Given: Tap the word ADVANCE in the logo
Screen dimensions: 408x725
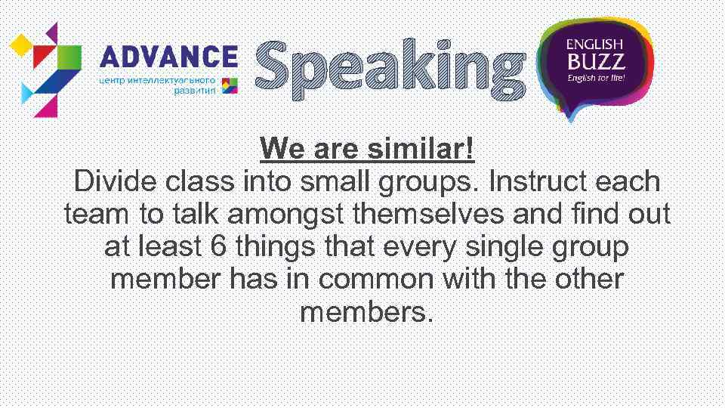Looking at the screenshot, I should click(x=168, y=56).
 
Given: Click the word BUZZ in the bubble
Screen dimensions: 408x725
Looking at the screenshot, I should click(x=594, y=61).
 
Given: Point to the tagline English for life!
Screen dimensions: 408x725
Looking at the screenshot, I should click(x=596, y=78).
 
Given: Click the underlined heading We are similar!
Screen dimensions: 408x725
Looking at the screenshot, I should click(x=367, y=149).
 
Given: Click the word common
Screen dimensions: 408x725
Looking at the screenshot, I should click(x=376, y=280).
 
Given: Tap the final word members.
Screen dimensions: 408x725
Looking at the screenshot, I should click(x=367, y=311).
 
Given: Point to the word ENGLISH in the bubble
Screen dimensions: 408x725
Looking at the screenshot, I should click(x=594, y=45).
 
